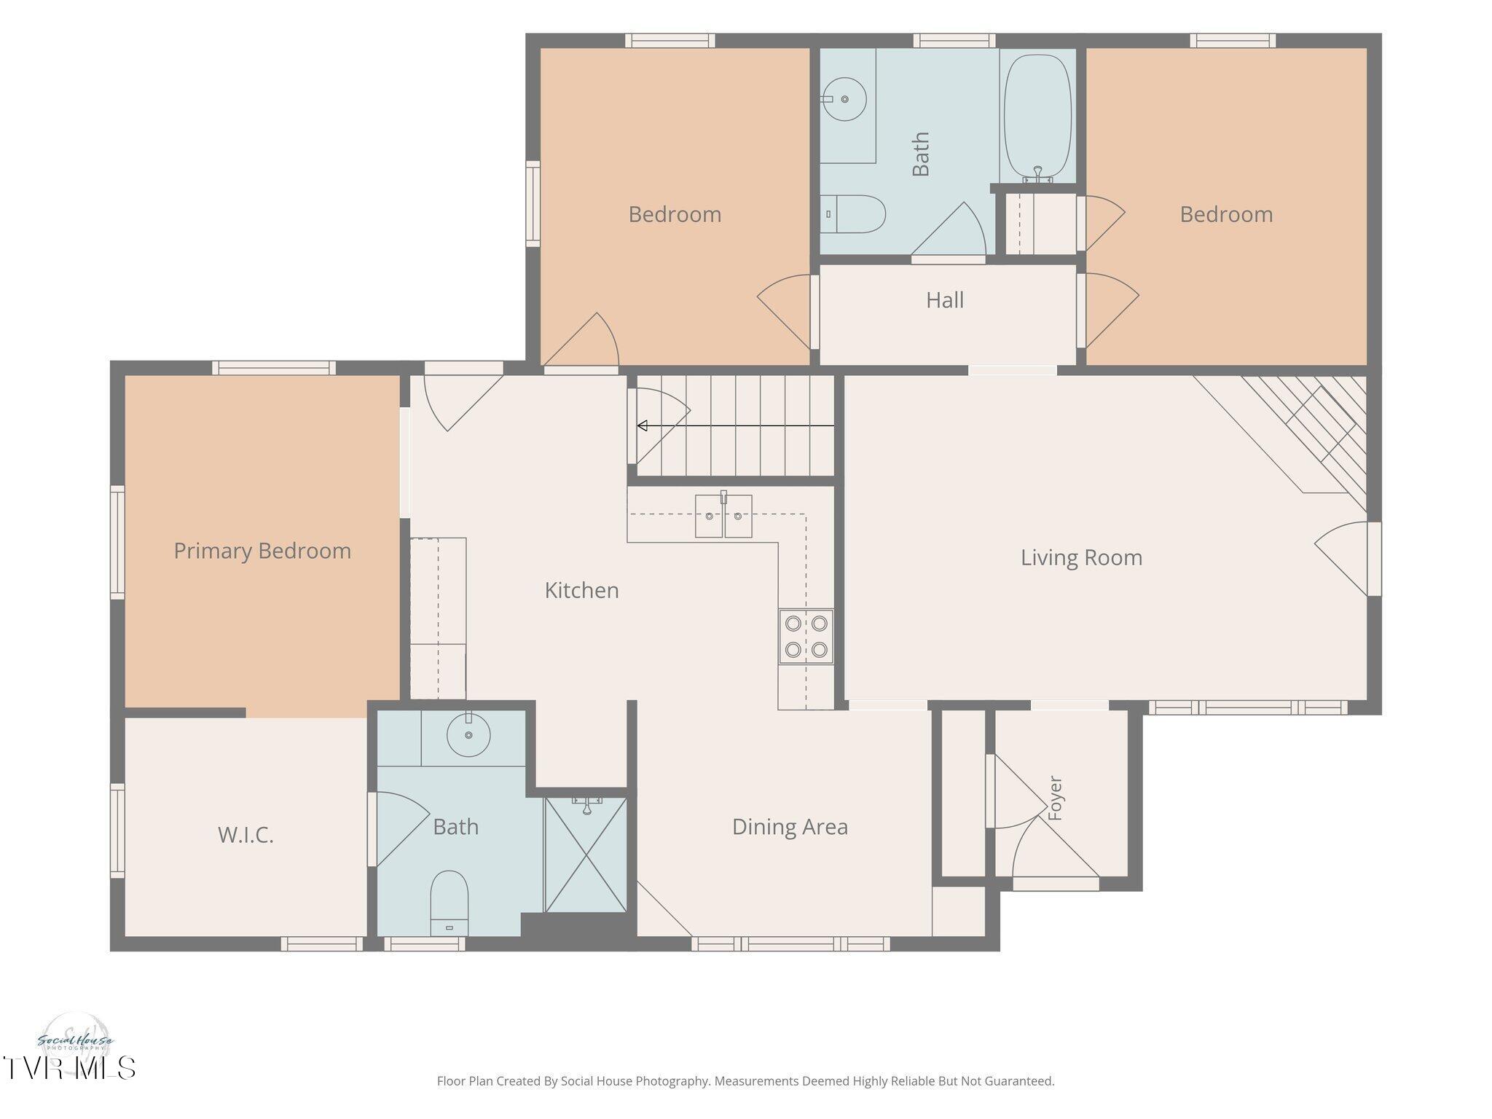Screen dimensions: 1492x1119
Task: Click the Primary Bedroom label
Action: pyautogui.click(x=262, y=551)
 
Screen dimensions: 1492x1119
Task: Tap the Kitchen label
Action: pyautogui.click(x=581, y=590)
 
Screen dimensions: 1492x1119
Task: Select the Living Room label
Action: pyautogui.click(x=1081, y=557)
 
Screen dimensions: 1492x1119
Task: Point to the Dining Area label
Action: pyautogui.click(x=790, y=827)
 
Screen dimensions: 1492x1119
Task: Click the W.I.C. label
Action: pyautogui.click(x=246, y=835)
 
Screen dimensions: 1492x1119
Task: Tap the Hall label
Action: pyautogui.click(x=945, y=300)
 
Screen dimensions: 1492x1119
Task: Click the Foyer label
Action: pyautogui.click(x=1055, y=798)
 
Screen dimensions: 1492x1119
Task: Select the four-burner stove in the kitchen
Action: pyautogui.click(x=806, y=636)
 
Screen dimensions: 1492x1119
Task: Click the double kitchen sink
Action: pyautogui.click(x=723, y=516)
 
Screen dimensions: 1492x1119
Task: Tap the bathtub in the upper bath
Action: pyautogui.click(x=1037, y=116)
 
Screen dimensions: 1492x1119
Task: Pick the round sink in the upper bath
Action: pyautogui.click(x=844, y=98)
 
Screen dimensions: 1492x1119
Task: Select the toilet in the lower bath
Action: pyautogui.click(x=449, y=903)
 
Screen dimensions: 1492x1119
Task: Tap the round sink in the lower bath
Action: pyautogui.click(x=468, y=734)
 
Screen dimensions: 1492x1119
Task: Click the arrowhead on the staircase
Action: pyautogui.click(x=642, y=425)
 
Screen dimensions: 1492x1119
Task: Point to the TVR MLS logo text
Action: pyautogui.click(x=68, y=1068)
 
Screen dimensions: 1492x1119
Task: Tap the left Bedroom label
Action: pyautogui.click(x=675, y=214)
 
